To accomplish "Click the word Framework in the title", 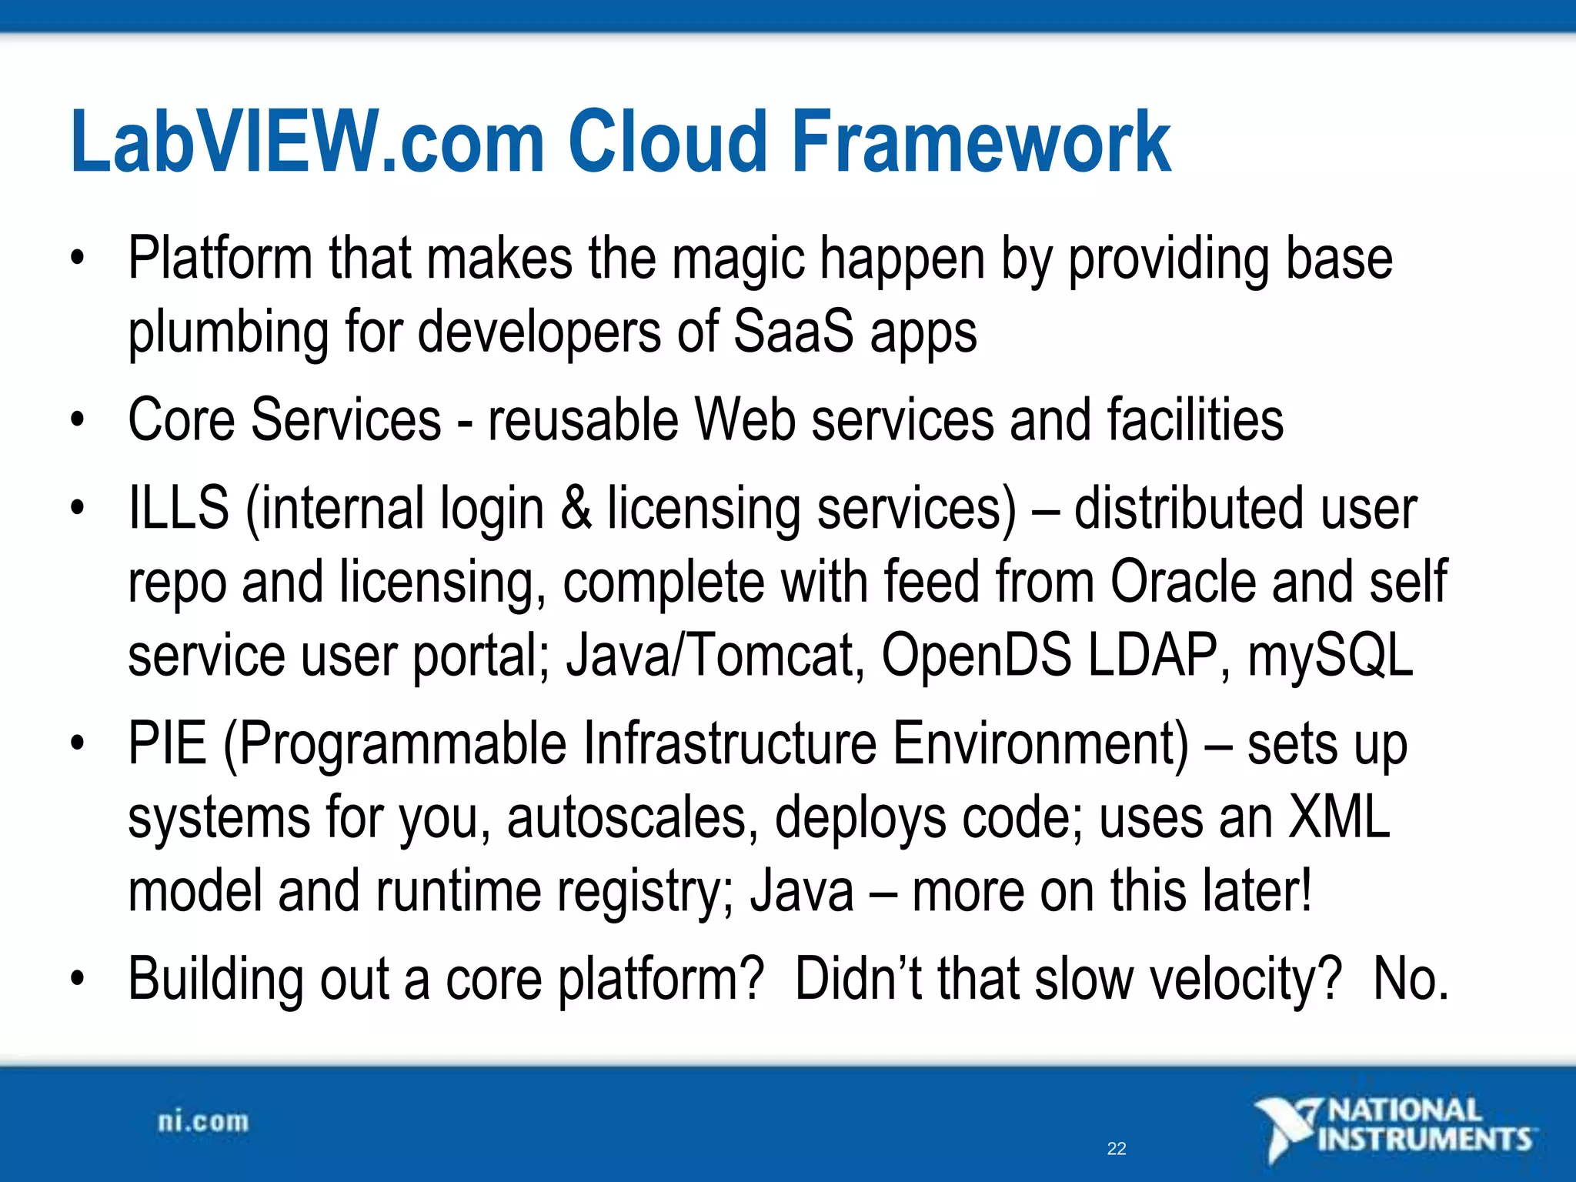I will coord(980,142).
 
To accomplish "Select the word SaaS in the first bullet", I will coord(793,332).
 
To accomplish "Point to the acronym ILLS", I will coord(179,508).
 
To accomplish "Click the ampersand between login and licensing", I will coord(576,508).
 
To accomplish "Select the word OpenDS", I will coord(976,655).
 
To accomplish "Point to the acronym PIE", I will coord(168,743).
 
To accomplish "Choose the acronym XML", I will coord(1339,817).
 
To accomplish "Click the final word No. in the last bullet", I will coord(1411,979).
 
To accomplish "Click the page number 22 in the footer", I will coord(1117,1149).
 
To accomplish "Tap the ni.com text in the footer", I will coord(203,1122).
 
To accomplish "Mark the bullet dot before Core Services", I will coord(76,420).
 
